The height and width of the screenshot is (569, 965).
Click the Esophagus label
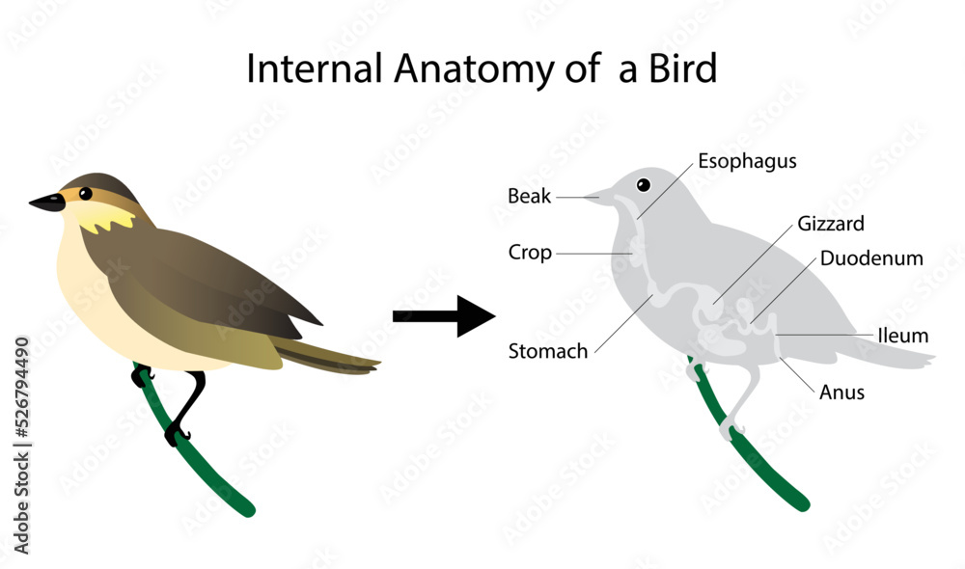point(747,161)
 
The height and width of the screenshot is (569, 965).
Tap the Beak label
point(530,197)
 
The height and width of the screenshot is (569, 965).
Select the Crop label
point(530,253)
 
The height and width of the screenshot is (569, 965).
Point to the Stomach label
point(547,351)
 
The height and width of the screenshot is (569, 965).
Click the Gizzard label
point(831,224)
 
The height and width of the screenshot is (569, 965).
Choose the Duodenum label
point(871,258)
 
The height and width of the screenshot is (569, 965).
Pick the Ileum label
point(902,336)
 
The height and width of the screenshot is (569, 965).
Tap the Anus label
point(841,393)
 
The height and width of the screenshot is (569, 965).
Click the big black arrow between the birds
point(443,315)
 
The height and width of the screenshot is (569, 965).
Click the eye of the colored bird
point(85,193)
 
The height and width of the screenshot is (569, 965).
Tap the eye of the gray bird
point(644,185)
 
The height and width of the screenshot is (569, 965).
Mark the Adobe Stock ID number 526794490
point(21,404)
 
